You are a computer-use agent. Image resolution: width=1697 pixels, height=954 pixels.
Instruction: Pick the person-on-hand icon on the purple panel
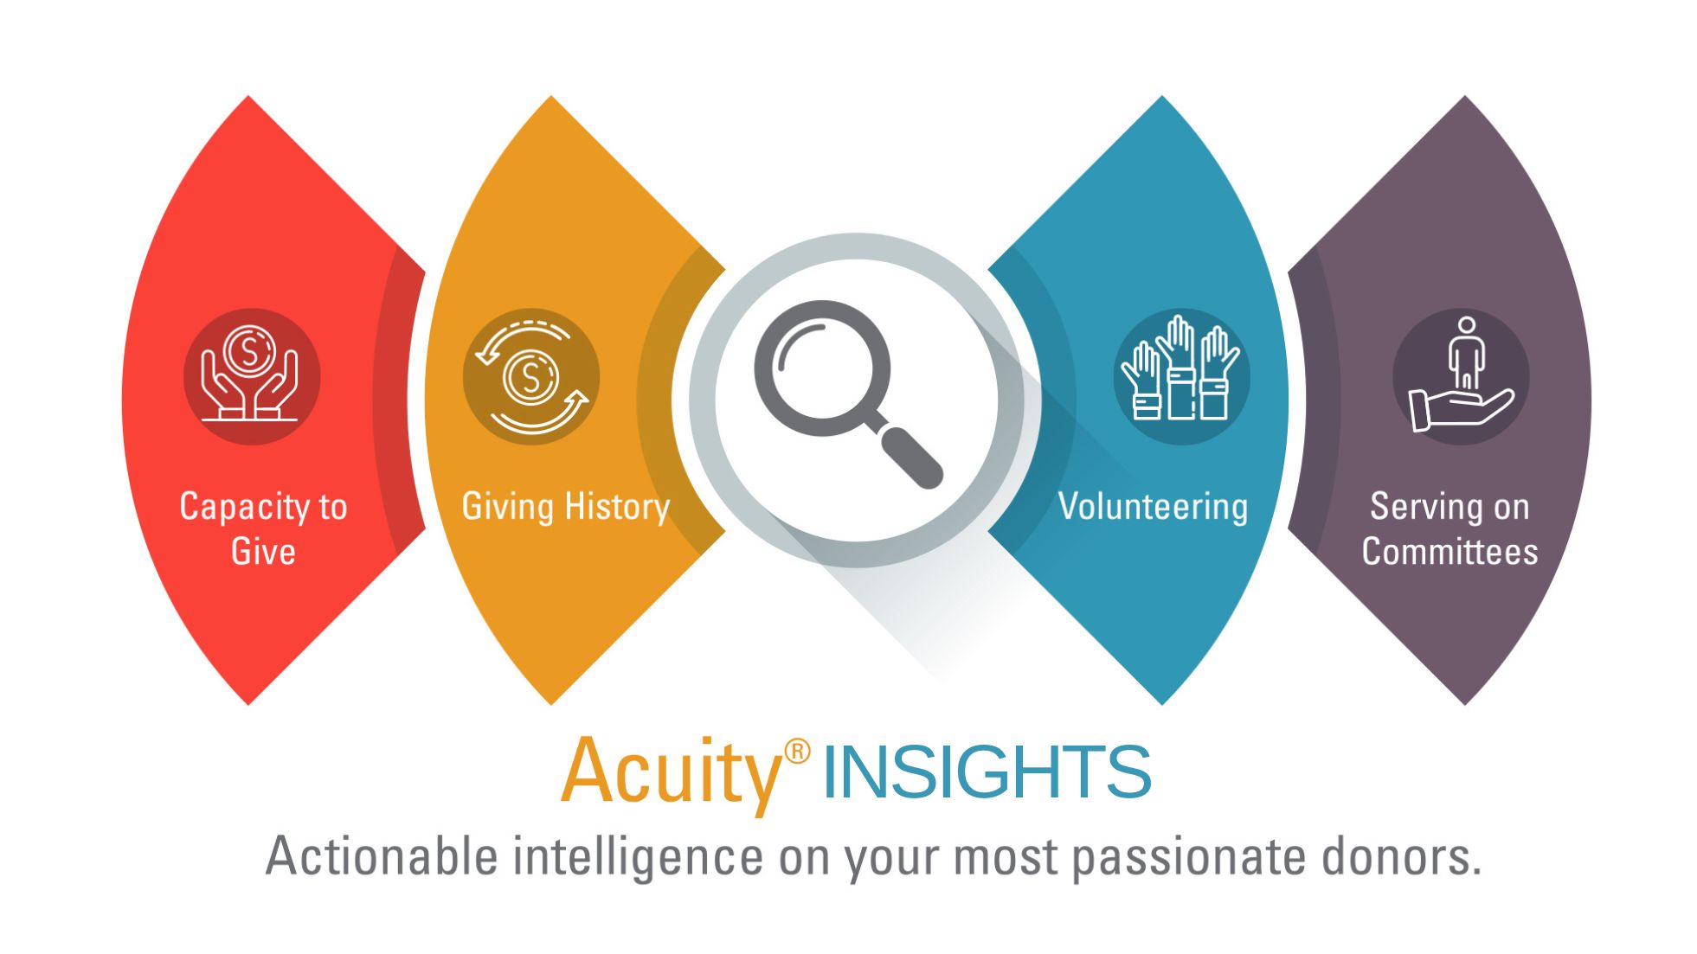point(1461,375)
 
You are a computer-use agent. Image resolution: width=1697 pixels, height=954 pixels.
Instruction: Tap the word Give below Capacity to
point(263,551)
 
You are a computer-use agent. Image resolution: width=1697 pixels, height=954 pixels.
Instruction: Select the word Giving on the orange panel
point(508,507)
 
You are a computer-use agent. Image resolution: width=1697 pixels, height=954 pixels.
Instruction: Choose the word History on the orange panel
point(618,507)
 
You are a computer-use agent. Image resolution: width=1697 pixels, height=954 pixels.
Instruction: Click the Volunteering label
point(1153,507)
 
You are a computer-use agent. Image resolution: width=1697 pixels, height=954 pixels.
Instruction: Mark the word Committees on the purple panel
point(1450,551)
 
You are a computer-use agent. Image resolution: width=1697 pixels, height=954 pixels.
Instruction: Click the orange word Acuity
point(672,772)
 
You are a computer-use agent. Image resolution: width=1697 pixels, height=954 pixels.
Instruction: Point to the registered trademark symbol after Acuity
point(797,751)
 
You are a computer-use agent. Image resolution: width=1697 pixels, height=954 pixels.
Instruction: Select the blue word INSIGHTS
point(987,772)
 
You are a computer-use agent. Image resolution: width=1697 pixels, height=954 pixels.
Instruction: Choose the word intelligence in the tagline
point(638,858)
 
